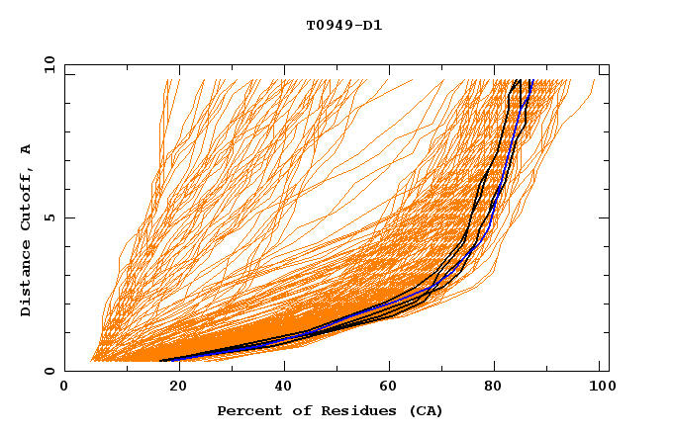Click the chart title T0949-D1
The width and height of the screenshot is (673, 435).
coord(343,25)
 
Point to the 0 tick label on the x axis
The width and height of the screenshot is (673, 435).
coord(64,389)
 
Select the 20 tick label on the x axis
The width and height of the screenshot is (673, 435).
coord(179,389)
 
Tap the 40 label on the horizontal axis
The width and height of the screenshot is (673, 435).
coord(286,389)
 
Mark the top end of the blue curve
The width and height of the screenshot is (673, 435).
coord(531,81)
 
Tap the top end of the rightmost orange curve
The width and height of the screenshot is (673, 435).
coord(596,81)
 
